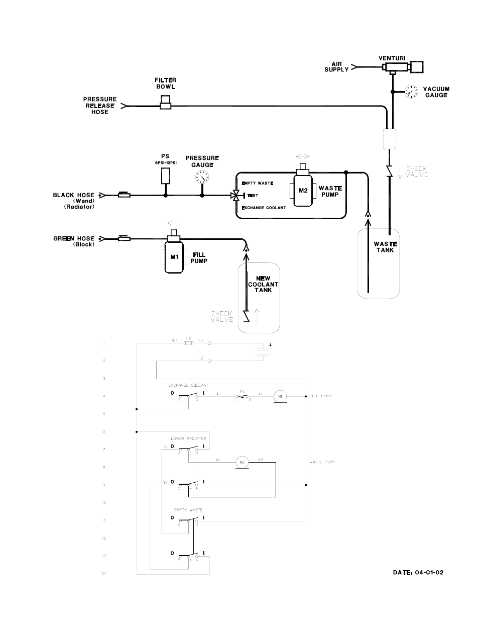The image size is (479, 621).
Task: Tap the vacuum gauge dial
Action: [410, 92]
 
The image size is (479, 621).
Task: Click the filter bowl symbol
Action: [165, 105]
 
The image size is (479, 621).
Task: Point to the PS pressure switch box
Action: [165, 175]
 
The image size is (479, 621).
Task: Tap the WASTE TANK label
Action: [385, 247]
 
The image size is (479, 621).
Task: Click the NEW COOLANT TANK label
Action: [263, 284]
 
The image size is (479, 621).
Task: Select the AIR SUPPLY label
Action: [336, 66]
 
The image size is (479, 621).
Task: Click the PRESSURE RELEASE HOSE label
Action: [99, 106]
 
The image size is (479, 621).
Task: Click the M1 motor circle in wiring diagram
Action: [279, 397]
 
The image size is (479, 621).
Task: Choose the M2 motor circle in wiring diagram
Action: [243, 462]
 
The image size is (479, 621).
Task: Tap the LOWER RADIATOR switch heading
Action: [188, 438]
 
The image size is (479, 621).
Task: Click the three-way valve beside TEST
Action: [234, 195]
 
